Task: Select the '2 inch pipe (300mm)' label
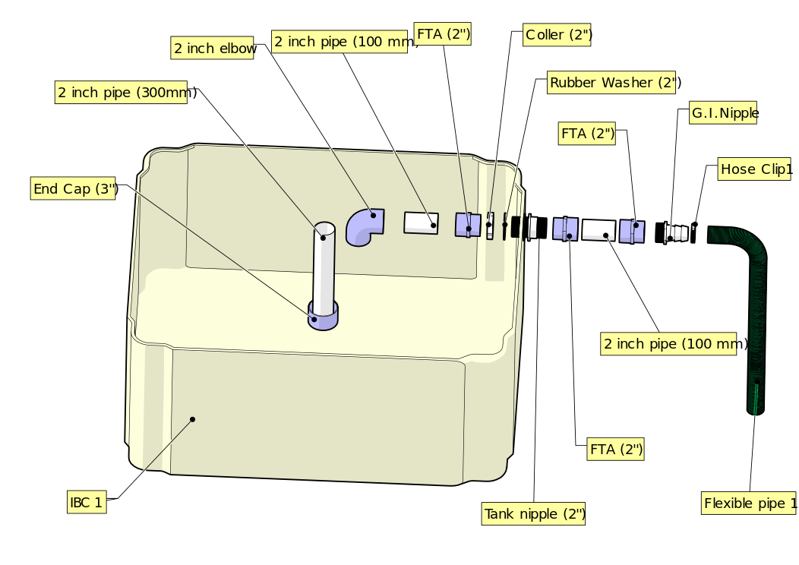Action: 126,93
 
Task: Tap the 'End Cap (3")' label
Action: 74,188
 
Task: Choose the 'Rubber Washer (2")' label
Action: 614,82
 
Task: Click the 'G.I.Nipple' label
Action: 725,113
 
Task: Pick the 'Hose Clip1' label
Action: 756,169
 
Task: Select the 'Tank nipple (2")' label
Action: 535,514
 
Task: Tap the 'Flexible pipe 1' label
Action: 750,503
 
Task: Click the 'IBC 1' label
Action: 86,502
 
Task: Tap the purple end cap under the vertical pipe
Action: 324,317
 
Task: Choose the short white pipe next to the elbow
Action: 421,223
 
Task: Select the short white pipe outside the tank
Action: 599,231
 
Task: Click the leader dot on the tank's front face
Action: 193,419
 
